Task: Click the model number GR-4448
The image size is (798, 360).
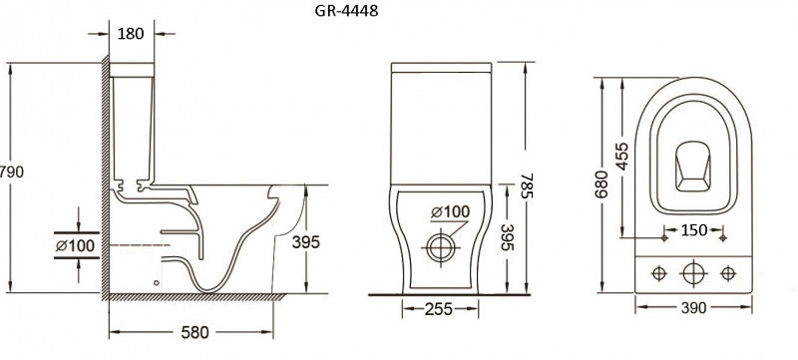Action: coord(346,11)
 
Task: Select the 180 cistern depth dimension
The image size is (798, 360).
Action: coord(131,34)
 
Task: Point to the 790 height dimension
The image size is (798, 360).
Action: coord(11,172)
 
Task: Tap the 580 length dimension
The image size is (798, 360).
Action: coord(195,332)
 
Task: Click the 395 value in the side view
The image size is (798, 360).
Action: coord(306,242)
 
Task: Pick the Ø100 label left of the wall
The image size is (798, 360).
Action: coord(76,245)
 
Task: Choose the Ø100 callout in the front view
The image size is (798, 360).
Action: coord(451,211)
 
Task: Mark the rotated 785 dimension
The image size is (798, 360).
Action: coord(528,186)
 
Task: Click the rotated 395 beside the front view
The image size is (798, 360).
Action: coord(507,237)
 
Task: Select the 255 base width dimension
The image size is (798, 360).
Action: coord(439,309)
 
